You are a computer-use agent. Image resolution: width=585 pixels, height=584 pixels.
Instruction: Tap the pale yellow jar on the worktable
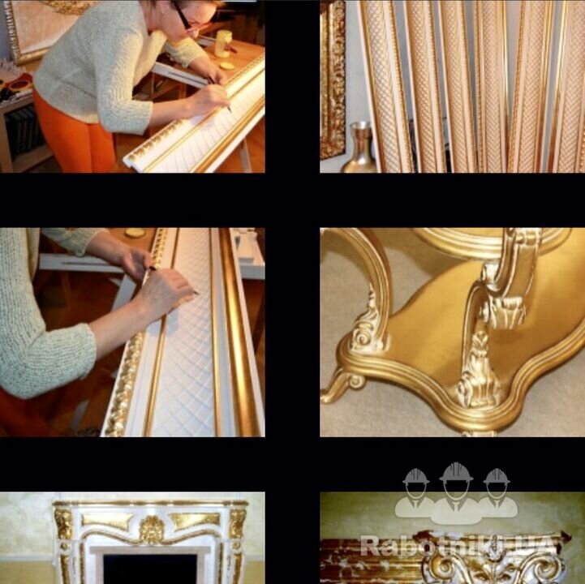click(x=223, y=44)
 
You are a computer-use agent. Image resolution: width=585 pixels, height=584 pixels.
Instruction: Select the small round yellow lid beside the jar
click(x=227, y=66)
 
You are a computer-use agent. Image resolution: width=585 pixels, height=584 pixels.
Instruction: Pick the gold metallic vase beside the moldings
click(x=360, y=148)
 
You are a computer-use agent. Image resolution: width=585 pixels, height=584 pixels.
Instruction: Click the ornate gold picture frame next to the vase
click(x=332, y=79)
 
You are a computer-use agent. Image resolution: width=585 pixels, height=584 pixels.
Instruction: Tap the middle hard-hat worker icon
click(x=456, y=493)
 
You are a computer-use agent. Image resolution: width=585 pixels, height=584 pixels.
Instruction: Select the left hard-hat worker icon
click(x=415, y=493)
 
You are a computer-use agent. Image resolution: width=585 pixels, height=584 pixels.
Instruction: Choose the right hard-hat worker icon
click(x=497, y=493)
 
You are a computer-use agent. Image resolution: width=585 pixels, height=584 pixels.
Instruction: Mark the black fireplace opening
click(x=150, y=569)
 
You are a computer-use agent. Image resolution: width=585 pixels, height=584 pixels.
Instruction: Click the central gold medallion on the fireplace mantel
click(x=152, y=530)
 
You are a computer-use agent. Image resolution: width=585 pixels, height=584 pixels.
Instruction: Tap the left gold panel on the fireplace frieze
click(x=107, y=522)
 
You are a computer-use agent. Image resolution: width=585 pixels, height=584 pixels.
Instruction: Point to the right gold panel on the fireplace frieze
click(x=195, y=521)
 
